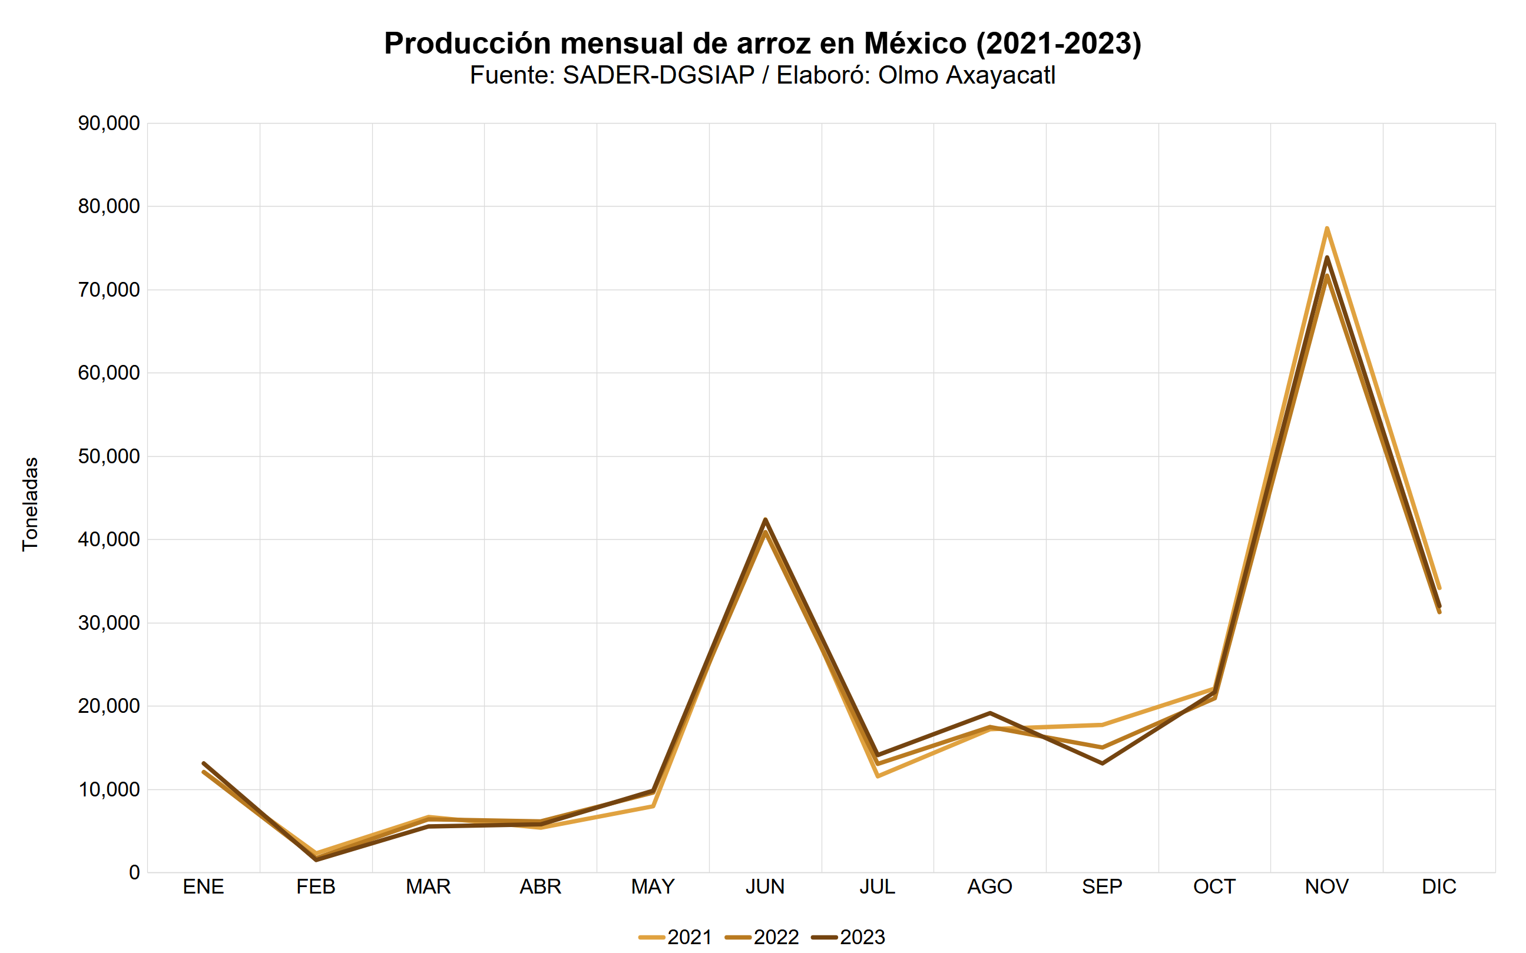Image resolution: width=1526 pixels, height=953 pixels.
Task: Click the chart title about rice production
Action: coord(762,44)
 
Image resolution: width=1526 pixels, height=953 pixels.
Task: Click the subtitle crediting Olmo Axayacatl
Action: coord(762,75)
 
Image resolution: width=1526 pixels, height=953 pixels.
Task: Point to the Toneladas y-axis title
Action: coord(30,504)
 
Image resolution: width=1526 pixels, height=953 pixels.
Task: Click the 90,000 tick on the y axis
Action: coord(108,124)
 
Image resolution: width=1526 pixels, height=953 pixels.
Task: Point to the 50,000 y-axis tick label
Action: coord(108,456)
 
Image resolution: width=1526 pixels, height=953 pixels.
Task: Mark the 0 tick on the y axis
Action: coord(134,873)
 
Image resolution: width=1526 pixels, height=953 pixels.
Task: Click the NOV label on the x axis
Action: coord(1326,887)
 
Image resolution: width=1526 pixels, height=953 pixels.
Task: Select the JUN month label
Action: coord(765,887)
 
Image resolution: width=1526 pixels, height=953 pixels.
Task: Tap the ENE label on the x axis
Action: coord(203,887)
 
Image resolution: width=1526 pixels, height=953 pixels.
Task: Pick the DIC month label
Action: coord(1438,887)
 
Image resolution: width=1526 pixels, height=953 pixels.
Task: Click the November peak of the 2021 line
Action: coord(1327,228)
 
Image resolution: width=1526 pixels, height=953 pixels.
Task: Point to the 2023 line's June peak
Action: coord(765,519)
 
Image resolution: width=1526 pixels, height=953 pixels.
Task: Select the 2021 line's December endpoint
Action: coord(1439,588)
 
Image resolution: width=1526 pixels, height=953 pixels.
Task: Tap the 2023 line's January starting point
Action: coord(203,763)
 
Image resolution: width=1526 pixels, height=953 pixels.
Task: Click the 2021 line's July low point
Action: coord(878,776)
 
